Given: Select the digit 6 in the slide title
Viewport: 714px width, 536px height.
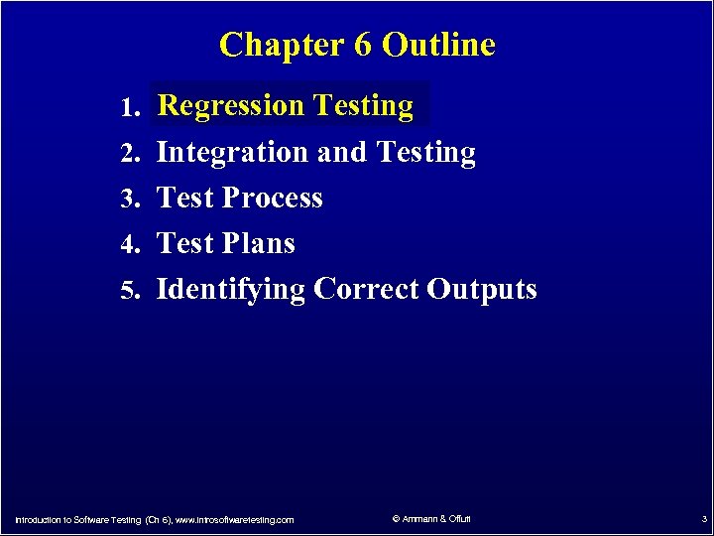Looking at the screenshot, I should tap(358, 45).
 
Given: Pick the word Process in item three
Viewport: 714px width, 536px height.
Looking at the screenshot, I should tap(273, 198).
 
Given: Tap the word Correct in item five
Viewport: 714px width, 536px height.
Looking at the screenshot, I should tap(367, 289).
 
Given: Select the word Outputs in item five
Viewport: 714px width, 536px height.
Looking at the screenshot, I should tap(482, 289).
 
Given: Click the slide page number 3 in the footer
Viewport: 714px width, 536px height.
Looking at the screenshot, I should tap(703, 518).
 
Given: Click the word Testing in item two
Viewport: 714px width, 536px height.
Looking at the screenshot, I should tap(426, 153).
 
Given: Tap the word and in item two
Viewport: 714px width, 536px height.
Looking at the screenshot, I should tap(343, 153).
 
